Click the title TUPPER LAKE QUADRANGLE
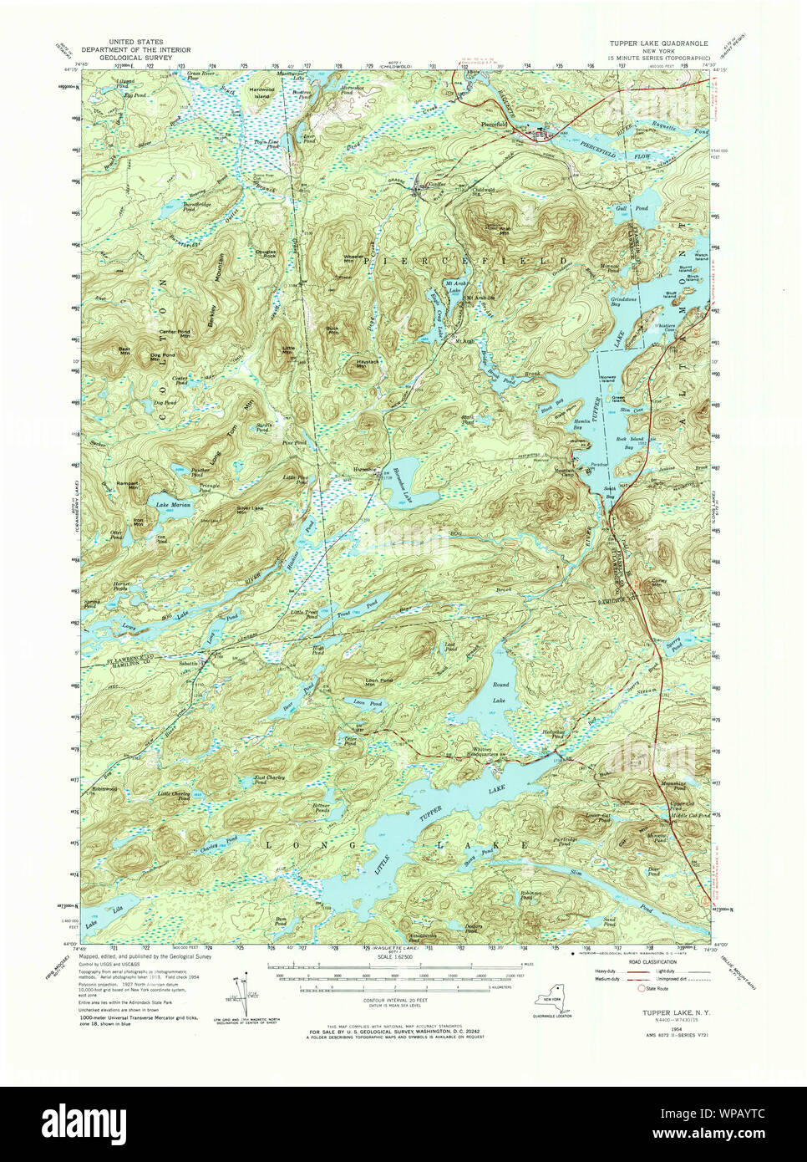[x=659, y=40]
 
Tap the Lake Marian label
[x=173, y=505]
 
